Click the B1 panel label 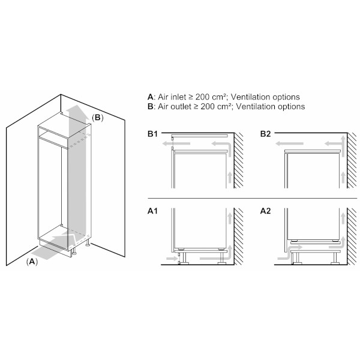(152, 134)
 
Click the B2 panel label (265, 134)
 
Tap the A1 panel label (152, 211)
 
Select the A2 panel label (265, 211)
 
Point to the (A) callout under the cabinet (32, 261)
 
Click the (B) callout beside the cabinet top (98, 118)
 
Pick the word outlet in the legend (182, 107)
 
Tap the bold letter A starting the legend (151, 97)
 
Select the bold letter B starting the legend (151, 107)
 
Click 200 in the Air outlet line (208, 107)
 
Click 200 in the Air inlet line (203, 97)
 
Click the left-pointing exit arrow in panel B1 (176, 144)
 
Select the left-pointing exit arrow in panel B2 (289, 144)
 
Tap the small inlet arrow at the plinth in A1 (172, 259)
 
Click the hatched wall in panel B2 (352, 160)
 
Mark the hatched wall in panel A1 (239, 236)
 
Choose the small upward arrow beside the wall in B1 (230, 177)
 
